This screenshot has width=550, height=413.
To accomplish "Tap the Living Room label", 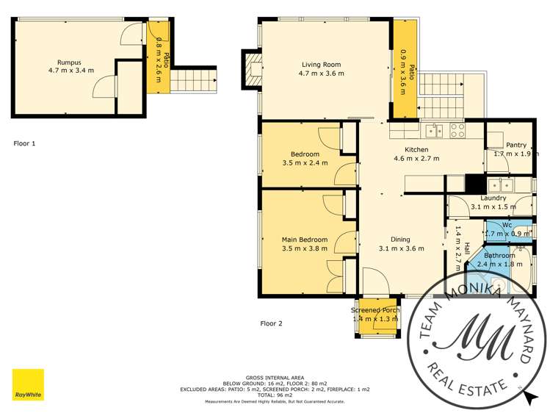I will pyautogui.click(x=321, y=63).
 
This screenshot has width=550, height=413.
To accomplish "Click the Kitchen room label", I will pyautogui.click(x=416, y=149).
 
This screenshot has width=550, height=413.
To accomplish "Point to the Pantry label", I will pyautogui.click(x=516, y=145).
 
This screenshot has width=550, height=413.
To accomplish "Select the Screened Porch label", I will pyautogui.click(x=375, y=310).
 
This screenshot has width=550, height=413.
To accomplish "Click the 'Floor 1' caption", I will pyautogui.click(x=24, y=143).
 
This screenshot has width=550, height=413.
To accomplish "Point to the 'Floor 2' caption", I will pyautogui.click(x=271, y=323).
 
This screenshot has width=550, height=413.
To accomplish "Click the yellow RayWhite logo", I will pyautogui.click(x=28, y=384).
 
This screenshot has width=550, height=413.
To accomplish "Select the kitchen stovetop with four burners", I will pyautogui.click(x=457, y=131).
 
